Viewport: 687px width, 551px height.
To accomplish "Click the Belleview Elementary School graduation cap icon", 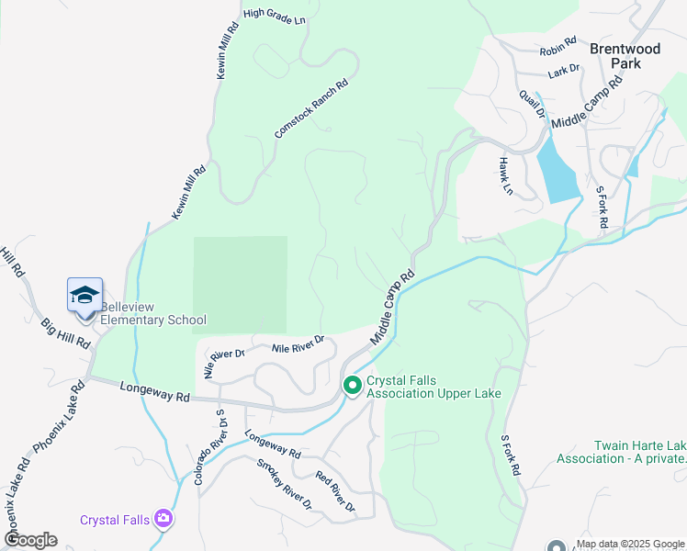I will pyautogui.click(x=84, y=296).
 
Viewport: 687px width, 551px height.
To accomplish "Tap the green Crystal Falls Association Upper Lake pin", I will pyautogui.click(x=352, y=386).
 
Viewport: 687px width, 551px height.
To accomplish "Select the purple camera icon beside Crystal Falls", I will pyautogui.click(x=163, y=519).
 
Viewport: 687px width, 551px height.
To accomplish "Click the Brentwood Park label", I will pyautogui.click(x=627, y=56).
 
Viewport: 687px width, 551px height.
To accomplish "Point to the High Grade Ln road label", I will pyautogui.click(x=274, y=17).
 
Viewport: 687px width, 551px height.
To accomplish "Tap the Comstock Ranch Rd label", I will pyautogui.click(x=311, y=108).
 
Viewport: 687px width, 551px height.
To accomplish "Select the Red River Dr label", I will pyautogui.click(x=334, y=491).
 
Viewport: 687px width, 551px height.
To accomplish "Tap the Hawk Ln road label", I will pyautogui.click(x=504, y=175).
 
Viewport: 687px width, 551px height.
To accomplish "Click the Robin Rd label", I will pyautogui.click(x=557, y=45).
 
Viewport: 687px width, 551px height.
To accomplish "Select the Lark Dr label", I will pyautogui.click(x=563, y=69).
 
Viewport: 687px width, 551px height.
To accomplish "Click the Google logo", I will pyautogui.click(x=30, y=540).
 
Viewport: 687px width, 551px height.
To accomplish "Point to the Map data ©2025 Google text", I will pyautogui.click(x=630, y=544).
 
